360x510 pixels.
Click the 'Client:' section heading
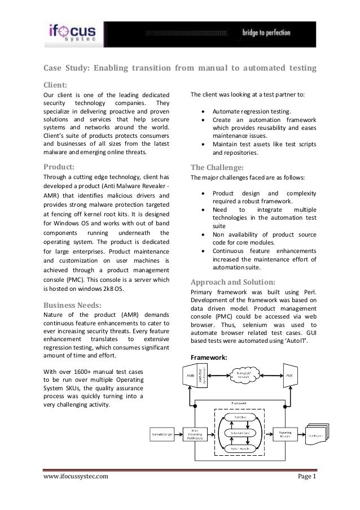56,85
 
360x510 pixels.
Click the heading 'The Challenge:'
217,167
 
